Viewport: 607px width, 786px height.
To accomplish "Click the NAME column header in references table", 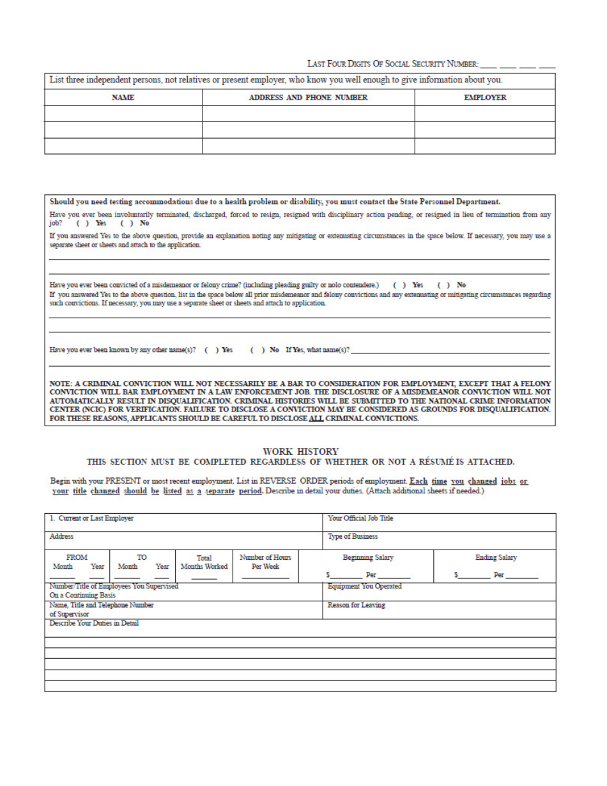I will click(123, 98).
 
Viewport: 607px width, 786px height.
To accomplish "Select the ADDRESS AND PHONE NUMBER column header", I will click(308, 98).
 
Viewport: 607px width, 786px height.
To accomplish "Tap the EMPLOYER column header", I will click(484, 98).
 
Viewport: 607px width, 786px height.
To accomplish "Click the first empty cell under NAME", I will click(123, 114).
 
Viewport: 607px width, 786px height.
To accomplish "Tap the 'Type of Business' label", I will click(353, 537).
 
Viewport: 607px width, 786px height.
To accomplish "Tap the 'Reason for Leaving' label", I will click(356, 605).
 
